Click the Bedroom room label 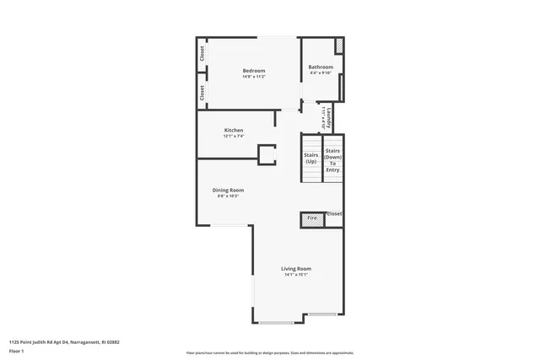pos(254,70)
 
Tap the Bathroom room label pos(321,67)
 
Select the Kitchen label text pos(234,130)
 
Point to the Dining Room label pos(228,190)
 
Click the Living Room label pos(296,268)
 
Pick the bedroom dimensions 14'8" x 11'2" pos(254,77)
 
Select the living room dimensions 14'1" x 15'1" pos(296,275)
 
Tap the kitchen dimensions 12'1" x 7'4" pos(234,137)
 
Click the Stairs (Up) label pos(310,158)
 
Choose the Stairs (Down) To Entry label pos(333,160)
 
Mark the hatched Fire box pos(311,218)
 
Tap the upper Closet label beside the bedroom pos(202,52)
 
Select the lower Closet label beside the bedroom pos(202,93)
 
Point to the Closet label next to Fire pos(334,214)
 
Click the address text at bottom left pos(64,342)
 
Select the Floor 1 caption pos(16,350)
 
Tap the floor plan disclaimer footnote pos(270,352)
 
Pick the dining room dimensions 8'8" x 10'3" pos(228,196)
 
